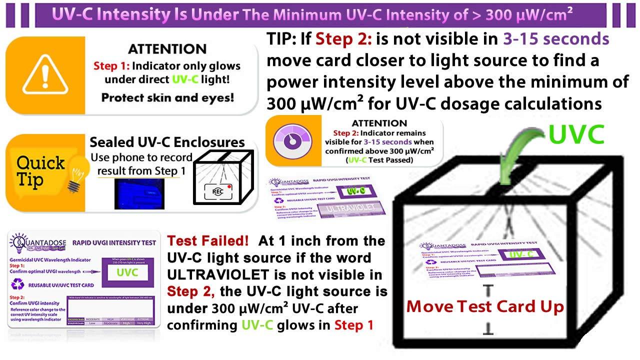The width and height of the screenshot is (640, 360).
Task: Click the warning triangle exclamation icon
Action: tap(45, 75)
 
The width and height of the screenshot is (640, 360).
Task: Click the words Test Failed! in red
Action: tap(208, 240)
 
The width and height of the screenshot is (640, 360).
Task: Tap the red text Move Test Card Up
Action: tap(485, 306)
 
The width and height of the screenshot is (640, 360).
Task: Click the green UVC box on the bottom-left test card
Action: tap(127, 273)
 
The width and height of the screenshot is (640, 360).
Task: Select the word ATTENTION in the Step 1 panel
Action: tap(167, 49)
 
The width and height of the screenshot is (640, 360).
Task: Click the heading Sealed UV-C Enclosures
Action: tap(167, 142)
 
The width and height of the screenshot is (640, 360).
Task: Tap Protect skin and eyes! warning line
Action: tap(167, 97)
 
